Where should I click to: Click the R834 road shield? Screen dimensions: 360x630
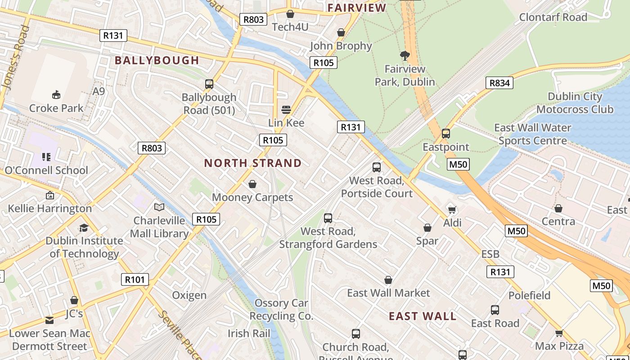coord(499,83)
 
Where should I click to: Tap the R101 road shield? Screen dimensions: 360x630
coord(135,279)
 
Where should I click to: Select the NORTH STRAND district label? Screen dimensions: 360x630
coord(253,163)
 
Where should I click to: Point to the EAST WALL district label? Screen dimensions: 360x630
coord(423,316)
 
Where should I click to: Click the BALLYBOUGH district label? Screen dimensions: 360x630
coord(157,60)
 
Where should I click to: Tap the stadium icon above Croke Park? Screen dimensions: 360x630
coord(56,94)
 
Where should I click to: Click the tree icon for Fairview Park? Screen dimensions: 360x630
coord(405,56)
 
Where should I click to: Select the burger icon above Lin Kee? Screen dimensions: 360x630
coord(286,109)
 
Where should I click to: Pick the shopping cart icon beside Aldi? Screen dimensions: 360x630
coord(452,210)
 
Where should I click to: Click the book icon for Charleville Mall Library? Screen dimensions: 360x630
coord(159,207)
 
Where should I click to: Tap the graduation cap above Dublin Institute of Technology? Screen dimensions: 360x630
coord(84,228)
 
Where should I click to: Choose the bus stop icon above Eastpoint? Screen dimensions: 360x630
coord(445,134)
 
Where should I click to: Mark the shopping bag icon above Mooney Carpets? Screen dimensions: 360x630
coord(252,184)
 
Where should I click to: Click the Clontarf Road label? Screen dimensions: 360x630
coord(553,17)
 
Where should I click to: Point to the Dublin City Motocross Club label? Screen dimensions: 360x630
coord(575,103)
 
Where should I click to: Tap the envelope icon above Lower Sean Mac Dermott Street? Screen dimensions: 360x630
coord(49,320)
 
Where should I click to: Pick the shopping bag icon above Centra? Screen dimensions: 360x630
coord(558,208)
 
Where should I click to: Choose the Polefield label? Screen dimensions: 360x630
coord(529,296)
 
